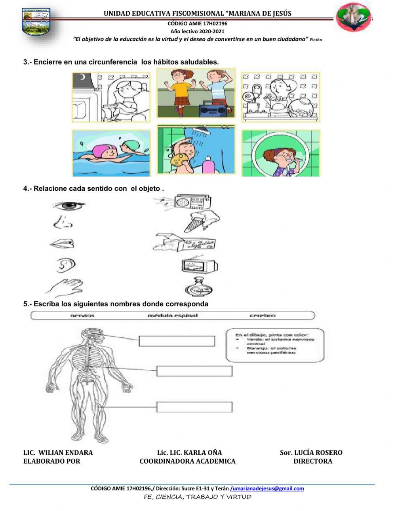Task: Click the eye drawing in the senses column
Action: [x=68, y=206]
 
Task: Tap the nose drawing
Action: [x=63, y=223]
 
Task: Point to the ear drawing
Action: [x=65, y=265]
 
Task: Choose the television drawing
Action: [x=199, y=266]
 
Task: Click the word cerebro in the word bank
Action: [x=262, y=315]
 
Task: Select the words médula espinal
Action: [x=172, y=315]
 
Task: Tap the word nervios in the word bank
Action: [x=82, y=315]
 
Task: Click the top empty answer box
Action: [x=177, y=341]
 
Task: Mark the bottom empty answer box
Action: [x=194, y=407]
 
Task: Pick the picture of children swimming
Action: [x=111, y=153]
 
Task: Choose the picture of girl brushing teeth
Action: [x=281, y=153]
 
